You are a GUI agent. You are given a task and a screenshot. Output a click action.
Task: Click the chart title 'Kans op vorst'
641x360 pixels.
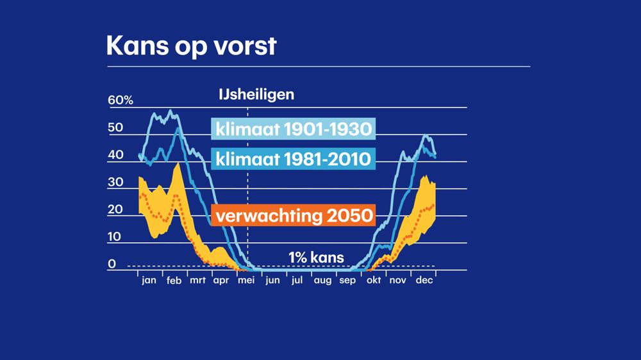pos(190,47)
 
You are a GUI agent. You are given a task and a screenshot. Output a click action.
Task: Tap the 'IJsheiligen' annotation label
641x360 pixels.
pos(256,95)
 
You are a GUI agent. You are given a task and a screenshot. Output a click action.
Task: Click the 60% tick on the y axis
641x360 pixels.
pos(120,101)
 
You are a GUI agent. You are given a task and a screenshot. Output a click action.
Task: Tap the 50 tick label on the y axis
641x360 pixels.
pos(115,128)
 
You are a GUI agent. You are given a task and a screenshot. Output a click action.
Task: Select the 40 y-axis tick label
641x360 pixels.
pos(115,155)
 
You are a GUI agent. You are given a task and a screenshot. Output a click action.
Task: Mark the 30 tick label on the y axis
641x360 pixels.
pos(115,183)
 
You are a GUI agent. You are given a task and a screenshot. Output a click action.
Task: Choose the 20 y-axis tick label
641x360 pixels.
pos(115,209)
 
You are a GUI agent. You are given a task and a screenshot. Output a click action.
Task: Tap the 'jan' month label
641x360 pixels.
pos(149,280)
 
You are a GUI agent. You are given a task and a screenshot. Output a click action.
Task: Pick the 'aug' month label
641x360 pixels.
pos(322,281)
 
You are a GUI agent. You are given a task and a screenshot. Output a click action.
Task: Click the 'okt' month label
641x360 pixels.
pos(373,280)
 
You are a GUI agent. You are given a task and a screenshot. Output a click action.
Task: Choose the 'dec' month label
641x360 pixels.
pos(423,280)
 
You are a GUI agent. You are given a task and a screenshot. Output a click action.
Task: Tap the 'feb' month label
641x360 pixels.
pos(173,280)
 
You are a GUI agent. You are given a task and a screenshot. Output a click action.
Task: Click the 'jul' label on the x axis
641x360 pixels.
pos(297,280)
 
